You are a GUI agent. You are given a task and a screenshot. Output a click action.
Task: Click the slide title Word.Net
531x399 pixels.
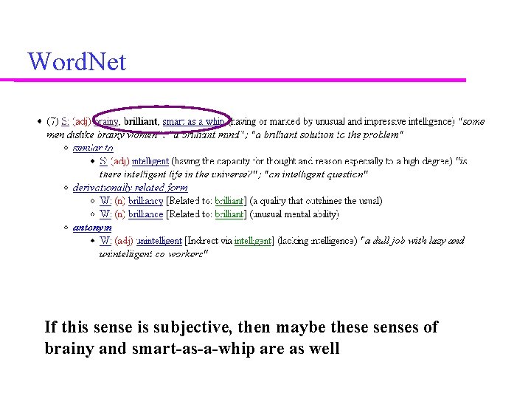click(77, 61)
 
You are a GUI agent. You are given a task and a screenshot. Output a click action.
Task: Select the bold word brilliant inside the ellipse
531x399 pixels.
click(141, 120)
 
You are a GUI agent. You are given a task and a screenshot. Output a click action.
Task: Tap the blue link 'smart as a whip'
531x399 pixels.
click(193, 120)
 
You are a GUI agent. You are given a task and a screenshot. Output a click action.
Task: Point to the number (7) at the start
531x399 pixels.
click(53, 120)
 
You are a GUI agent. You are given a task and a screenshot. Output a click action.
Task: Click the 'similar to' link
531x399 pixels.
click(93, 148)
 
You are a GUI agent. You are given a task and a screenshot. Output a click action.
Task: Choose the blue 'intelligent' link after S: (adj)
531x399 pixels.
click(150, 161)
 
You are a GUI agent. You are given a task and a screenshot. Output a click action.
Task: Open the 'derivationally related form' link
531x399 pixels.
click(130, 188)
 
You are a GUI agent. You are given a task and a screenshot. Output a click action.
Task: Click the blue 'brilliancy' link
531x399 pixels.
click(145, 201)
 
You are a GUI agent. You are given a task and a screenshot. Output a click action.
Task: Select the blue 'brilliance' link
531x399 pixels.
click(145, 214)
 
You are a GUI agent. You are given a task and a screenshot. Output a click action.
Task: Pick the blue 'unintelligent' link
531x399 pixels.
click(159, 241)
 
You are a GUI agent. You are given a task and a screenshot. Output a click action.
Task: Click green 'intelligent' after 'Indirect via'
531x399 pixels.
click(253, 241)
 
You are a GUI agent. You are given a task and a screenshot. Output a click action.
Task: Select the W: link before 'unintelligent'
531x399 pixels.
click(105, 241)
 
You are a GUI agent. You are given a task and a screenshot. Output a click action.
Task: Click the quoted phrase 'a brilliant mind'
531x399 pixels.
click(210, 134)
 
